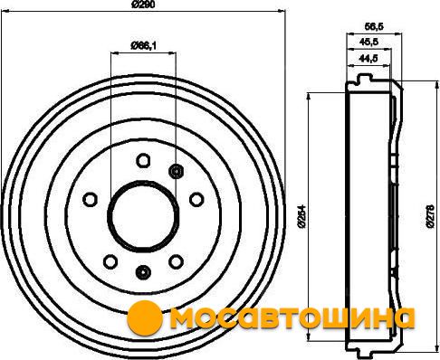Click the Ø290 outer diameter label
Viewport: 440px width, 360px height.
click(x=143, y=5)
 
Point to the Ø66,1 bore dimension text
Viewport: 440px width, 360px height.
click(x=143, y=45)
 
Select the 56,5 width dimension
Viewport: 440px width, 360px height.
click(x=374, y=27)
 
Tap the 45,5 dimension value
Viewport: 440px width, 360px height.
click(x=368, y=42)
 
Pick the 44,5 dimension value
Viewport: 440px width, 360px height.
click(x=368, y=58)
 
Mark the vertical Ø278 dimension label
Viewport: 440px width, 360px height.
click(x=430, y=216)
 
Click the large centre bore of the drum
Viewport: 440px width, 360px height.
click(x=143, y=216)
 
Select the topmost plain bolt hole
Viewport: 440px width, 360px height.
click(x=143, y=160)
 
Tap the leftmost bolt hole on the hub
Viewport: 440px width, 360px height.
click(x=90, y=199)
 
